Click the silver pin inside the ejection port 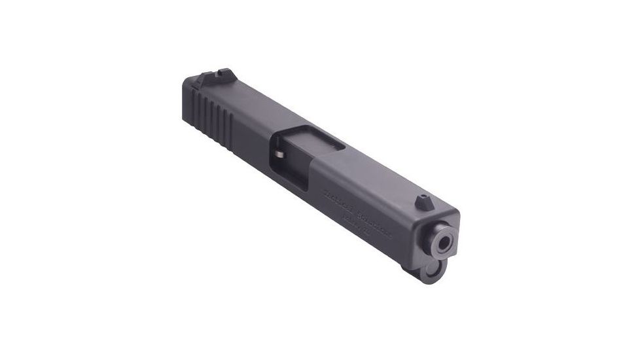click(x=279, y=154)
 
